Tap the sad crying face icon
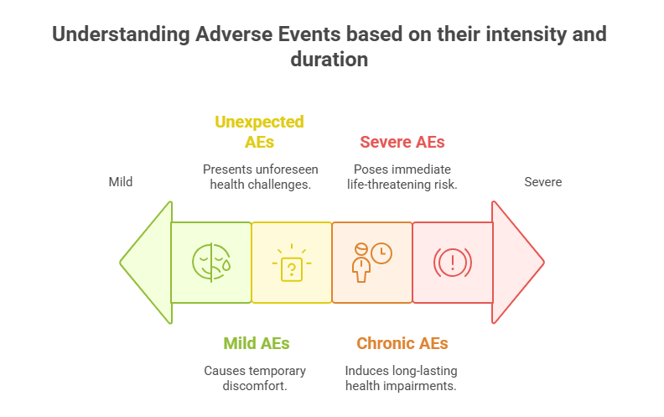(x=210, y=262)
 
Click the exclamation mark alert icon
(x=452, y=263)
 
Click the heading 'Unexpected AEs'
(x=259, y=132)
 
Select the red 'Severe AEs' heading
(x=402, y=142)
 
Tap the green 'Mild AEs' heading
(x=256, y=343)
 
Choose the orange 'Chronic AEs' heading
(x=402, y=343)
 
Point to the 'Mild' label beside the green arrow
(x=121, y=181)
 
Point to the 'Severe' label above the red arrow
(x=542, y=181)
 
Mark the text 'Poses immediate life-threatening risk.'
(x=402, y=176)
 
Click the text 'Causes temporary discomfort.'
(x=256, y=378)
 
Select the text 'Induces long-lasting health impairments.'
(x=402, y=378)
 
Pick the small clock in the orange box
(x=381, y=253)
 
